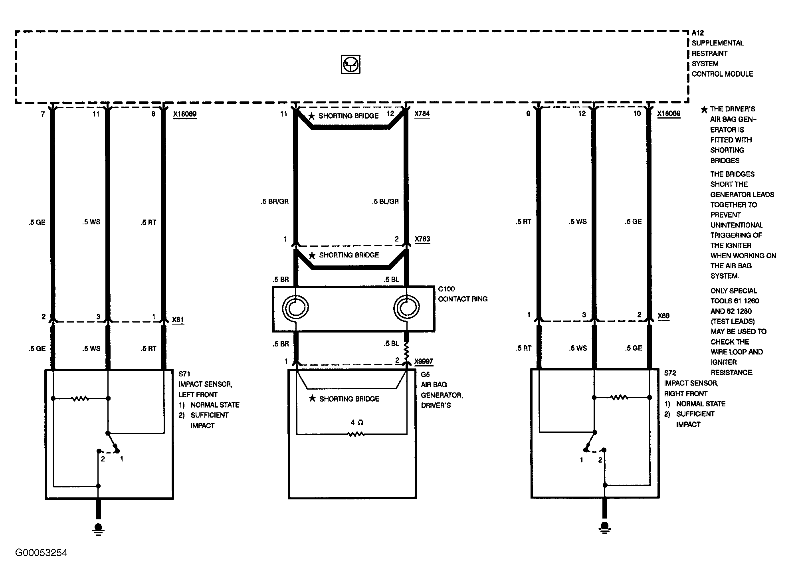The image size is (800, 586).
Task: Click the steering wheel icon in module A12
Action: [x=350, y=64]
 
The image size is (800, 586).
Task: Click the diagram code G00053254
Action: [x=42, y=553]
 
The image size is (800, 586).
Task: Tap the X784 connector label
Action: [x=422, y=114]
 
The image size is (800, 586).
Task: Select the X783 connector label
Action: [x=422, y=239]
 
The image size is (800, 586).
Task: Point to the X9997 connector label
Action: [x=424, y=362]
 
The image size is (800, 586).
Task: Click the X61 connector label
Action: [x=178, y=320]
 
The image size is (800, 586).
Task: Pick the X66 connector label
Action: [x=663, y=316]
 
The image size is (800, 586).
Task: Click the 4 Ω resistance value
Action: [x=357, y=422]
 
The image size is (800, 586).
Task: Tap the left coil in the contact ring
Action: [x=295, y=308]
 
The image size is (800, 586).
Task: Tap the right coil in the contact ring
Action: [x=406, y=308]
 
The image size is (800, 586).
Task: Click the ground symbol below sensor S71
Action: [x=98, y=529]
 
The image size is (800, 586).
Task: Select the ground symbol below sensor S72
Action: [x=604, y=528]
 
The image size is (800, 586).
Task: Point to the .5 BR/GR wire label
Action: [x=275, y=202]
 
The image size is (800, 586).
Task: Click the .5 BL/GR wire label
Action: [x=385, y=202]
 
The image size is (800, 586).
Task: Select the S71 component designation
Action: [x=184, y=374]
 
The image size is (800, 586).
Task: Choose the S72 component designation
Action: [x=670, y=373]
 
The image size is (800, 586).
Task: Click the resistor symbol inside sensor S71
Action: [x=80, y=398]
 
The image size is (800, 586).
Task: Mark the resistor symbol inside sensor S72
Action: [x=619, y=397]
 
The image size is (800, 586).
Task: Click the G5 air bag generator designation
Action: [x=426, y=375]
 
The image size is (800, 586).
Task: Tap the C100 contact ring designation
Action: [x=446, y=289]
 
